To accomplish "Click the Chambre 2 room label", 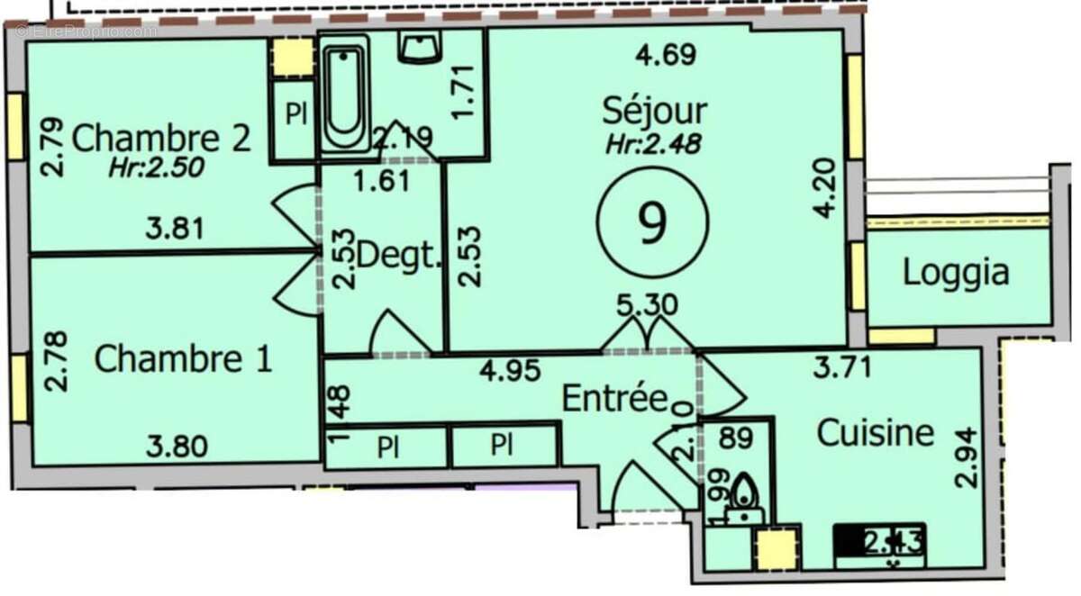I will click(x=160, y=140).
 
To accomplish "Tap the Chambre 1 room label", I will click(x=183, y=359).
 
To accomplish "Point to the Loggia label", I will click(x=956, y=274).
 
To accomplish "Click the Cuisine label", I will click(x=875, y=433).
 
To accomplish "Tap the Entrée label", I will click(x=613, y=397).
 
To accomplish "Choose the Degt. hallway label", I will click(x=400, y=255).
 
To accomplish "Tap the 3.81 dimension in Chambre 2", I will click(x=175, y=228).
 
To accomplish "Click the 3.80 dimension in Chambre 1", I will click(x=177, y=446).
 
